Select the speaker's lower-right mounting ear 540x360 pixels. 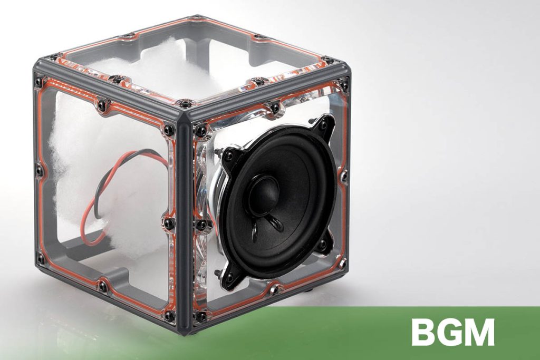tap(324, 242)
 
